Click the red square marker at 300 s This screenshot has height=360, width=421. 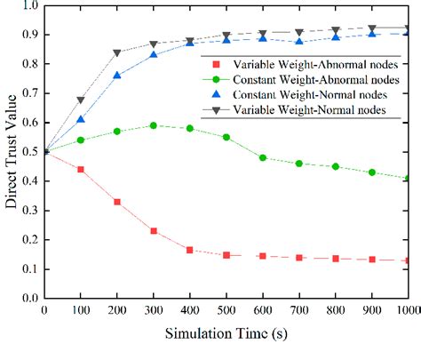tap(154, 231)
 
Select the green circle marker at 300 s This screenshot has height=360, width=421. tap(154, 125)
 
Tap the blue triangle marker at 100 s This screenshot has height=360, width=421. tap(81, 119)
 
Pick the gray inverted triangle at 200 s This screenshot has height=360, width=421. tap(117, 52)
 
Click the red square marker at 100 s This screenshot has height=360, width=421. tap(81, 169)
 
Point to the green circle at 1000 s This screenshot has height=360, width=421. tap(408, 178)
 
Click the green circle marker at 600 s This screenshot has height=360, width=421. tap(263, 157)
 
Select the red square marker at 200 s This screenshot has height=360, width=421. tap(117, 202)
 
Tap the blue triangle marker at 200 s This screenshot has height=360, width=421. tap(117, 76)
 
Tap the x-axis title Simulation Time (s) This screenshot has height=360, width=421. tap(226, 336)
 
